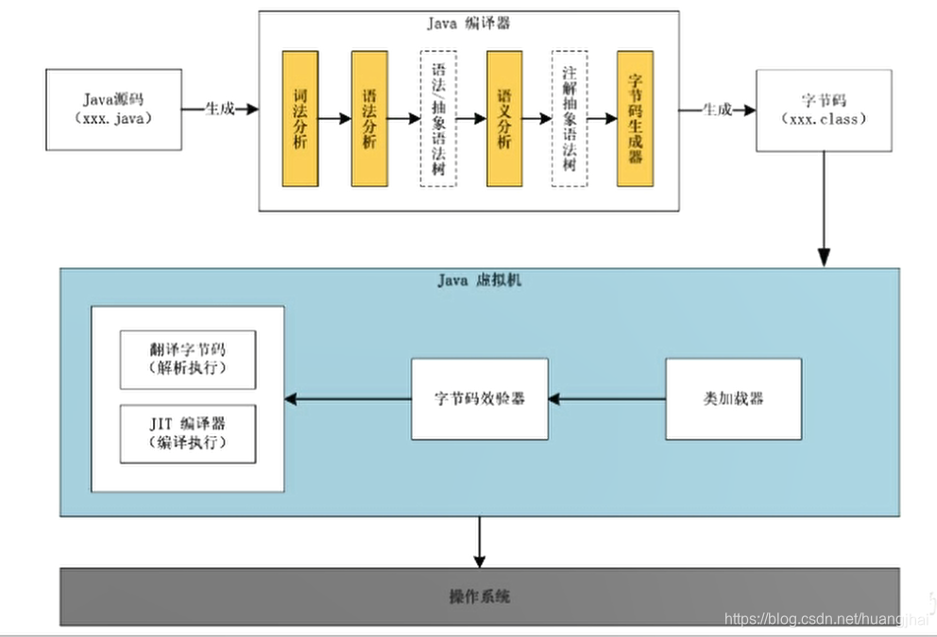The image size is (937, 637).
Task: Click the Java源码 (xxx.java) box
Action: tap(114, 109)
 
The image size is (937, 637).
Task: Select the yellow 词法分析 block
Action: tap(299, 119)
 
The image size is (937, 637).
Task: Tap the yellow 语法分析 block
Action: tap(369, 119)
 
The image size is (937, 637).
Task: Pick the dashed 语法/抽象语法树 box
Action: tap(438, 119)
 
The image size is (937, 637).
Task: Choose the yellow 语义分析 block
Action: tap(504, 119)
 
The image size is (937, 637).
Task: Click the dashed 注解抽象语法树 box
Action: tap(570, 119)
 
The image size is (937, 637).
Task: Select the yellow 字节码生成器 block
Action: tap(636, 119)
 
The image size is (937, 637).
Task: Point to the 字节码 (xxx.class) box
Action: tap(823, 109)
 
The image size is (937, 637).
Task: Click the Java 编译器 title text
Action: tap(469, 24)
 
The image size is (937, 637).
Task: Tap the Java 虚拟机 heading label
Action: tap(479, 280)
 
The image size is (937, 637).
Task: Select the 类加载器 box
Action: tap(733, 398)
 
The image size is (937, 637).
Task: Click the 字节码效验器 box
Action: tap(480, 398)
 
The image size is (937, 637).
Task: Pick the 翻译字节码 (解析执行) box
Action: tap(187, 360)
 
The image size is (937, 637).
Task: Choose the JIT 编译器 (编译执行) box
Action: tap(187, 434)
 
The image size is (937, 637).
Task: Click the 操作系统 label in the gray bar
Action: tap(480, 596)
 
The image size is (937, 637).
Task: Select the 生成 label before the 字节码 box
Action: tap(716, 109)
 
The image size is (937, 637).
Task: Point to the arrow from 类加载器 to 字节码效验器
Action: tap(606, 398)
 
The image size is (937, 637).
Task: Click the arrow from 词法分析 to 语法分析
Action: tap(334, 119)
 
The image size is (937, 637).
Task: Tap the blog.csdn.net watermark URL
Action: tap(821, 619)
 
